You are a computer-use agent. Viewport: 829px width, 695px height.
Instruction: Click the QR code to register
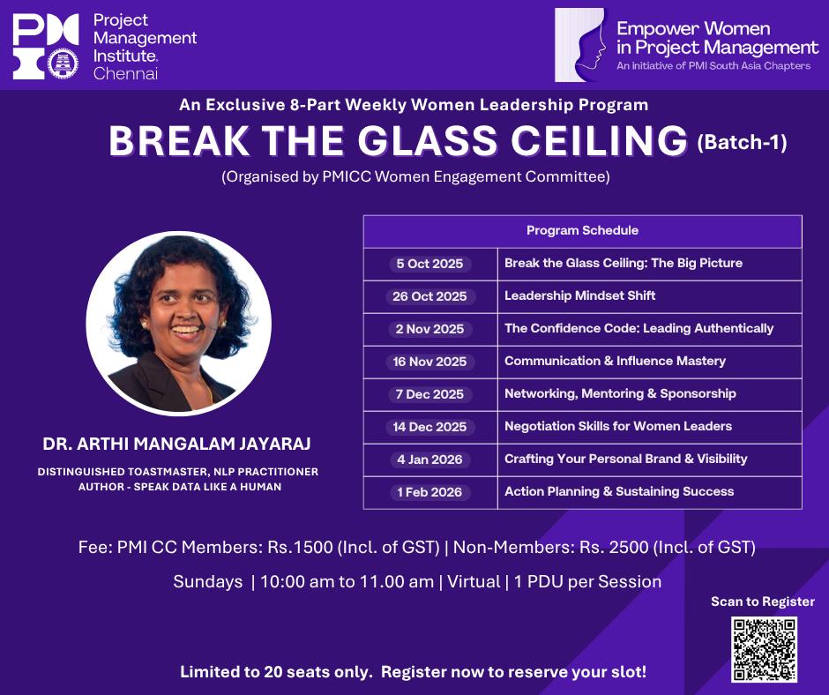point(764,649)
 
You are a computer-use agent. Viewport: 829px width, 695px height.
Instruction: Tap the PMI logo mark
point(46,47)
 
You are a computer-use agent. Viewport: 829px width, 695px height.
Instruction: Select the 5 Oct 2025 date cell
point(429,264)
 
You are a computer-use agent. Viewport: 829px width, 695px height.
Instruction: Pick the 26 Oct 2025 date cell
point(429,296)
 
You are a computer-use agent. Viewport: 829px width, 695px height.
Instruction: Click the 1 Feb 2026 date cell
point(429,492)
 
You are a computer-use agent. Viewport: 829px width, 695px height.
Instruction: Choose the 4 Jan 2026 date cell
point(429,460)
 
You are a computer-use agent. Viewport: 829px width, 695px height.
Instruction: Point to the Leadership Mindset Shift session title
point(580,295)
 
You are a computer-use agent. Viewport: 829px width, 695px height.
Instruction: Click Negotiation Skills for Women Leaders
point(618,426)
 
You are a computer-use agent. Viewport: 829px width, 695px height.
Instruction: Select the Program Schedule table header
point(583,230)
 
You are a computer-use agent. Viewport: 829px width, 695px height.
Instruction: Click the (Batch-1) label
point(743,142)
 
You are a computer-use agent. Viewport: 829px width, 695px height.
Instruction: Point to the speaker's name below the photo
point(176,444)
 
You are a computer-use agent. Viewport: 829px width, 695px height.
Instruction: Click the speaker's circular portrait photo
point(179,324)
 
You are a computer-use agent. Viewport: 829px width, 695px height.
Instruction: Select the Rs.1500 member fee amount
point(301,547)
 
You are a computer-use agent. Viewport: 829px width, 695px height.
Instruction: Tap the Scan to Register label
point(763,602)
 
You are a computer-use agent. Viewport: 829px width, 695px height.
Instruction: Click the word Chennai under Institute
point(125,73)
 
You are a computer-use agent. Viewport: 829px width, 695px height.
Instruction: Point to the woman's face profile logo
point(580,45)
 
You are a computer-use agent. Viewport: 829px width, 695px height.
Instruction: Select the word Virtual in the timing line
point(474,582)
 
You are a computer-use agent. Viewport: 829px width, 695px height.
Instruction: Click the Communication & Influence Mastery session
point(615,362)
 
